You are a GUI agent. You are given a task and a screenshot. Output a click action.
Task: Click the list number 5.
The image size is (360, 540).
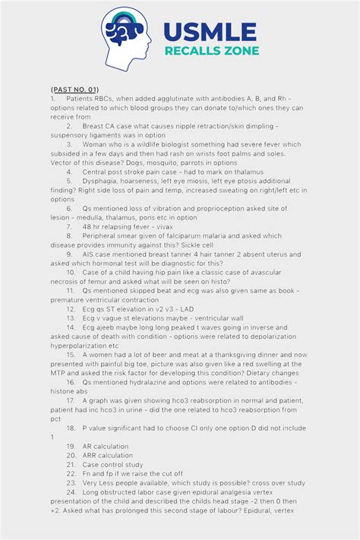point(69,182)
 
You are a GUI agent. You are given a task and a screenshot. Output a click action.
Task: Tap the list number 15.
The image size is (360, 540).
point(71,354)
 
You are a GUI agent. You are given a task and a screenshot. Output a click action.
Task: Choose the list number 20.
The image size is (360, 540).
point(71,455)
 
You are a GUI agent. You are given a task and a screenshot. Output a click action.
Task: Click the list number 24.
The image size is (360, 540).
point(71,491)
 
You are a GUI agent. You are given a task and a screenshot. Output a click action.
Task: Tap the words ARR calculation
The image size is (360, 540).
point(109,455)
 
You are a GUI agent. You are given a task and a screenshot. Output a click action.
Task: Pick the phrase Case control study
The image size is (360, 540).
point(112,464)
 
